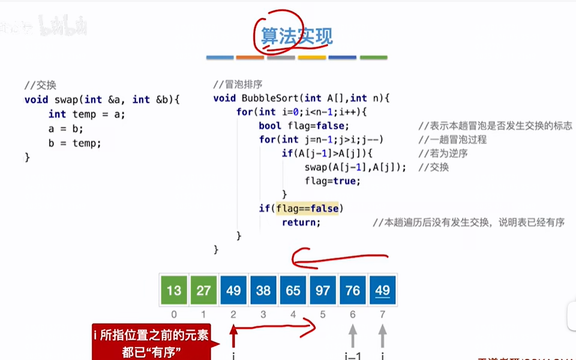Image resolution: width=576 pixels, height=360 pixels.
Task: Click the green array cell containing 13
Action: pos(173,290)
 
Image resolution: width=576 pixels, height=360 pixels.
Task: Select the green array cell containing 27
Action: pos(203,290)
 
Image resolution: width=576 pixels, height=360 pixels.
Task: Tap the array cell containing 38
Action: pos(263,290)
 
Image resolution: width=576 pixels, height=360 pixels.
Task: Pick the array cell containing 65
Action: pos(293,290)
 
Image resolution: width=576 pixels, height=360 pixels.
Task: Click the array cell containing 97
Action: pos(323,290)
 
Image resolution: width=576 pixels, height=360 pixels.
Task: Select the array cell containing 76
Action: pos(353,290)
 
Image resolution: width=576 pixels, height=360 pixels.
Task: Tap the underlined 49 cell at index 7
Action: pos(383,290)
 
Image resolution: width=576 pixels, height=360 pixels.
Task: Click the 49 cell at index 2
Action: pos(233,290)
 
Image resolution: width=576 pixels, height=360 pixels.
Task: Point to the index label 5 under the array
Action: pos(323,314)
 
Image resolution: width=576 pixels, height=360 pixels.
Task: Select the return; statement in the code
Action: pos(301,223)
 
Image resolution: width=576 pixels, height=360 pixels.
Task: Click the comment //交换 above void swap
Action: pos(40,85)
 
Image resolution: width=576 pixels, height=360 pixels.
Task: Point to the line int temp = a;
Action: pos(86,113)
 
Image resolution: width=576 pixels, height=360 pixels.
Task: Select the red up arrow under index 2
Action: pos(233,336)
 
